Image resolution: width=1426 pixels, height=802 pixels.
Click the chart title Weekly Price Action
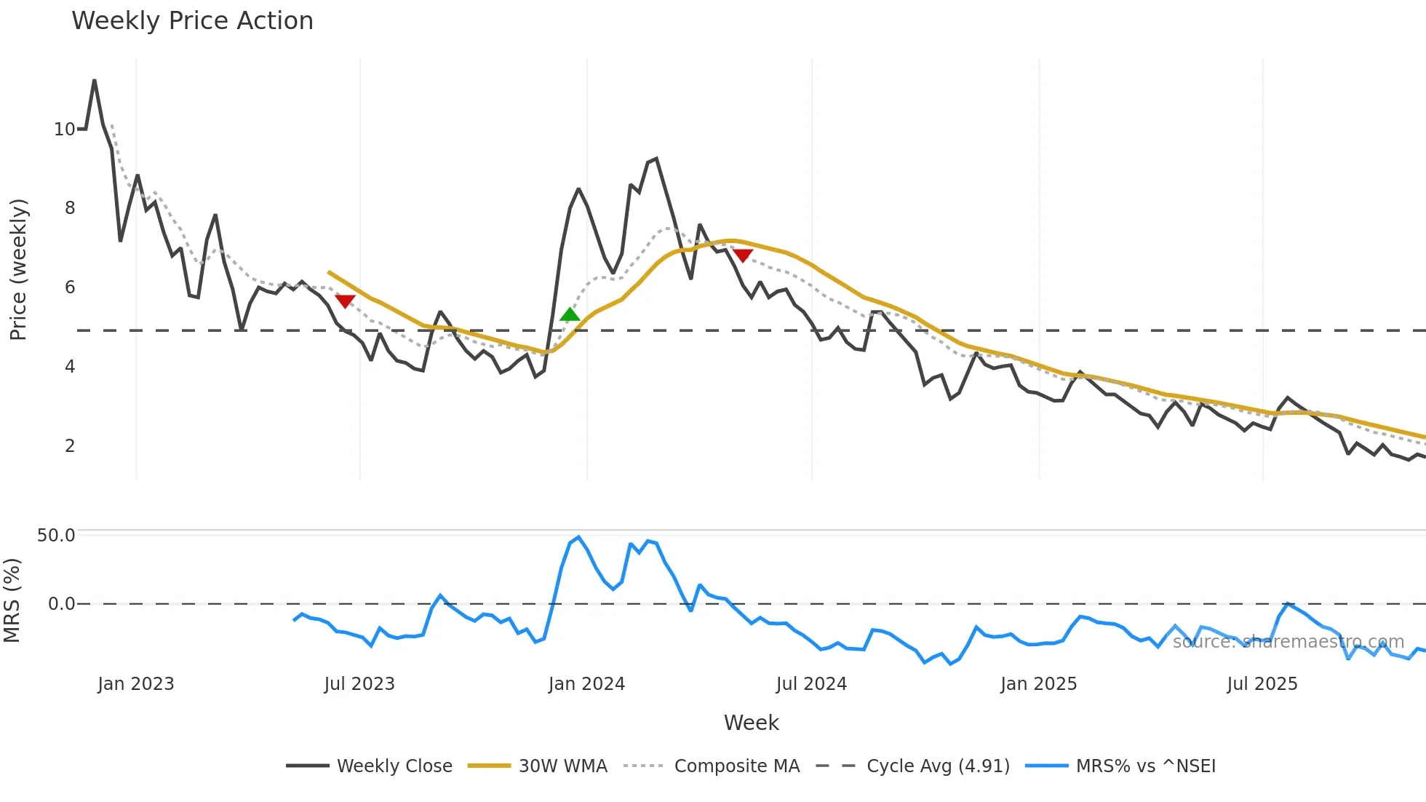[192, 21]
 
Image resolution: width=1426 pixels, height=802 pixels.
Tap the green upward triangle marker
[570, 314]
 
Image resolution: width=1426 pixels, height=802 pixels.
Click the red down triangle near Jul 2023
[345, 301]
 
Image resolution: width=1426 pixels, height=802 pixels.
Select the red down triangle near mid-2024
[742, 255]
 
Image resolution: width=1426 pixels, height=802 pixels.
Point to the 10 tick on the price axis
[64, 130]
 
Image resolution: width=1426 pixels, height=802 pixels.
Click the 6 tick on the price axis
[70, 287]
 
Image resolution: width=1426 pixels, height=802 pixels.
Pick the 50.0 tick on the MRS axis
[56, 536]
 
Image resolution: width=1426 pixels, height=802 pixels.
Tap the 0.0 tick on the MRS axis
[61, 604]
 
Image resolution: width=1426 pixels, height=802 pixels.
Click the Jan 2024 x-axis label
[586, 684]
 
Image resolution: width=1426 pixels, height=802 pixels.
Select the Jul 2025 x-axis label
[1262, 684]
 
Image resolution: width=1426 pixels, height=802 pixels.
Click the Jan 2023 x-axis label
[136, 684]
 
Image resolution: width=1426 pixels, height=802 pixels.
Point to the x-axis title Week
[751, 723]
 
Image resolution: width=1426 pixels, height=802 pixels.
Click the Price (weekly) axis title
[18, 269]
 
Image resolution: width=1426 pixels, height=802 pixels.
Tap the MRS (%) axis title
[12, 600]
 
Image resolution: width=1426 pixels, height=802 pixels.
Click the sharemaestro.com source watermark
[1288, 642]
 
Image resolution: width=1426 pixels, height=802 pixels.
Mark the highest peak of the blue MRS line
[578, 537]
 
